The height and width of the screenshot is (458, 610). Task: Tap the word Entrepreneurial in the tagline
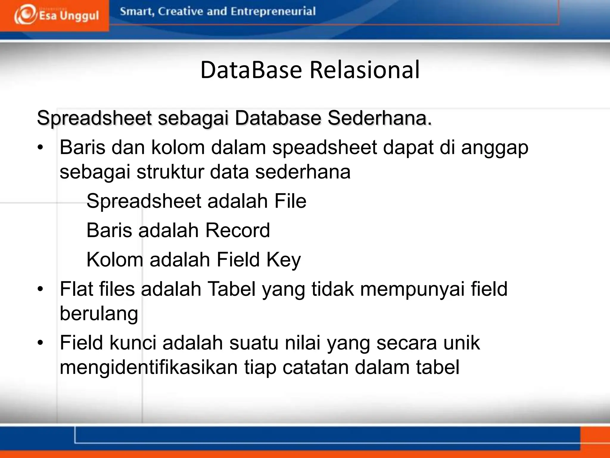click(273, 11)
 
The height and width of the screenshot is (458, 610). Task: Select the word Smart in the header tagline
click(136, 11)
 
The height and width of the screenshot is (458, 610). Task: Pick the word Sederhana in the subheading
click(379, 118)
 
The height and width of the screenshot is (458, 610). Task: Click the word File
click(290, 201)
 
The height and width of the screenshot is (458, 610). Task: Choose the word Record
click(238, 230)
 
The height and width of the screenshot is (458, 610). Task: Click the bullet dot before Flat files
click(41, 289)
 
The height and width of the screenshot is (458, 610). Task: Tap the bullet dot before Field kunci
click(41, 342)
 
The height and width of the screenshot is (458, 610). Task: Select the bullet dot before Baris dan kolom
click(41, 147)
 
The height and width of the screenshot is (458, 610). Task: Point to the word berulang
click(99, 314)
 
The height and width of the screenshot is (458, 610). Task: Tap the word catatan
click(315, 367)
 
